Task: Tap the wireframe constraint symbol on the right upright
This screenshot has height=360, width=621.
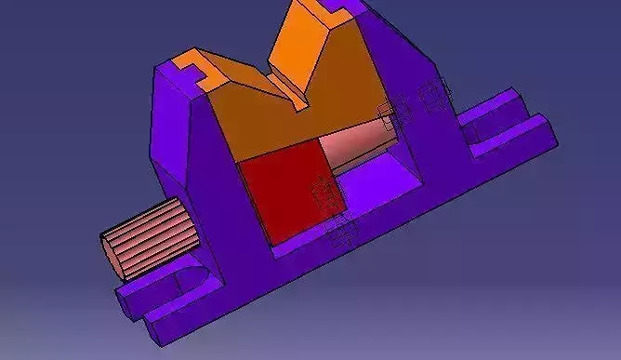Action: tap(433, 93)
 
